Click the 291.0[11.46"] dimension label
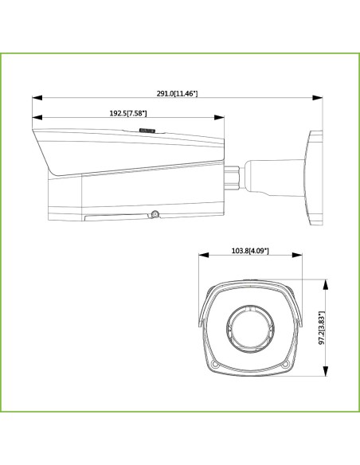point(177,94)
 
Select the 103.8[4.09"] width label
point(249,251)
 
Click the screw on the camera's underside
point(155,213)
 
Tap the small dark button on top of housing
point(146,127)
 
